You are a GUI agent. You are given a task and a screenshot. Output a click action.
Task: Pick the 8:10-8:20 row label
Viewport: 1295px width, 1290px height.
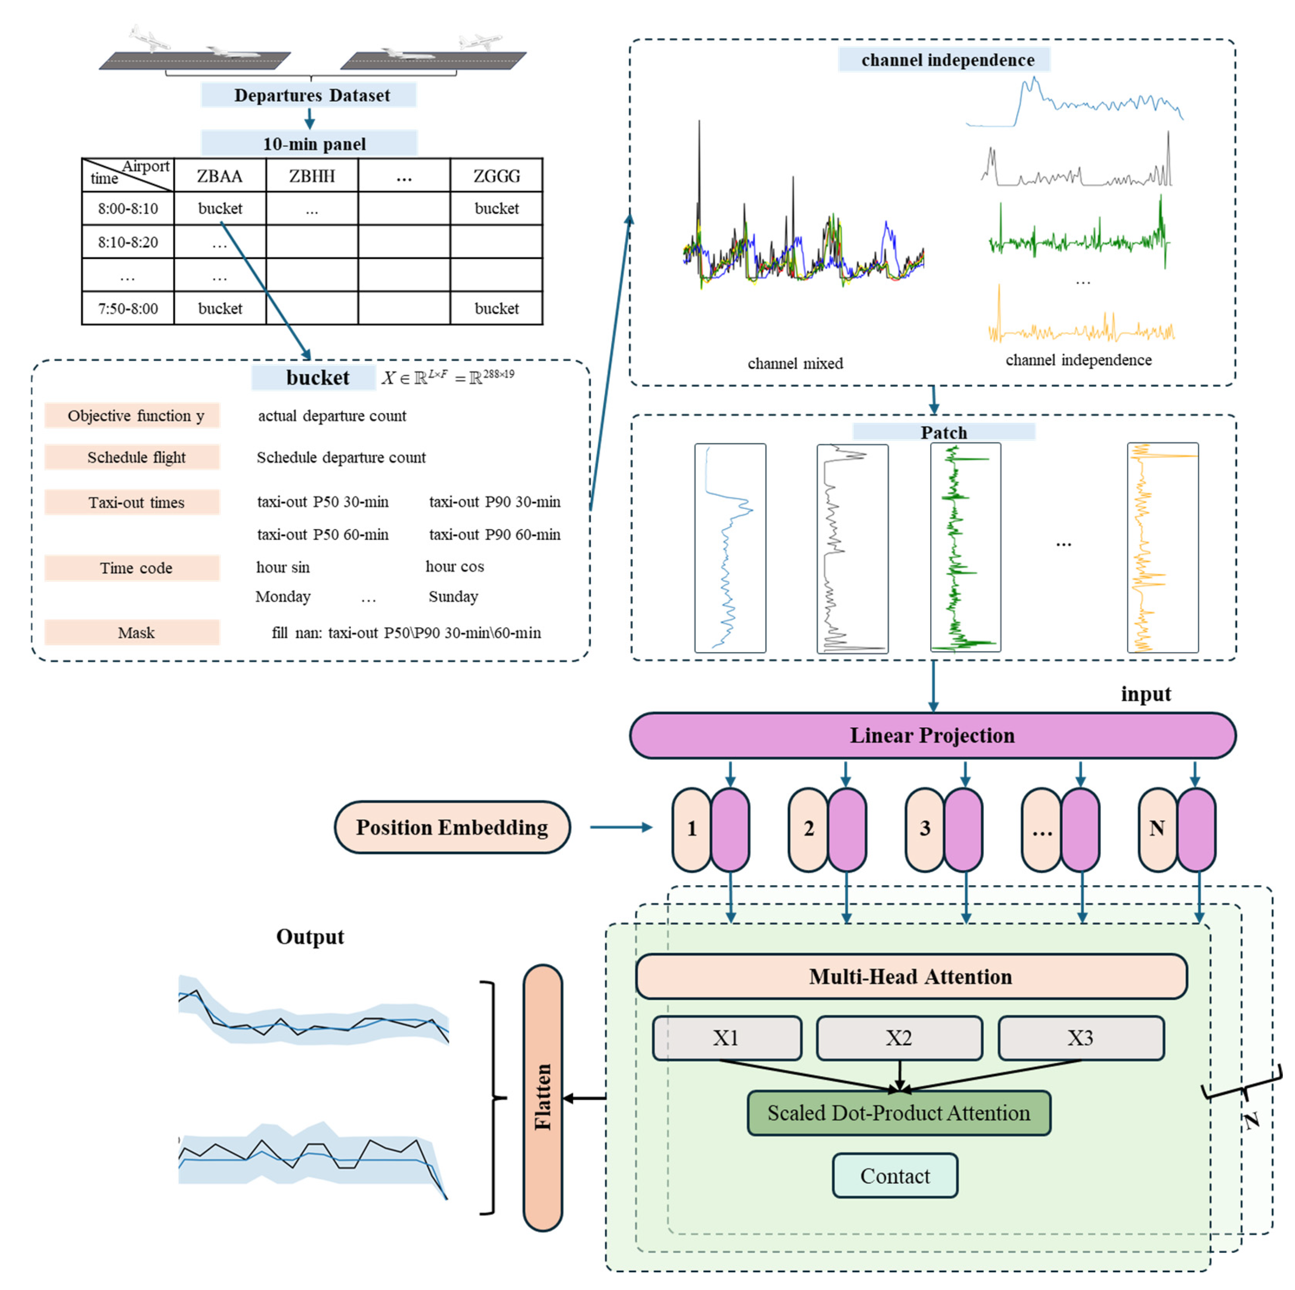[x=127, y=242]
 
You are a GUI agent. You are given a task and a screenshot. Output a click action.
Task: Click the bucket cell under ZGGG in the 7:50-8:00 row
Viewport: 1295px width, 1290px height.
[x=496, y=308]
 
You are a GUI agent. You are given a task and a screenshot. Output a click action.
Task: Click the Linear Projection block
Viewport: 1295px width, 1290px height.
[x=932, y=735]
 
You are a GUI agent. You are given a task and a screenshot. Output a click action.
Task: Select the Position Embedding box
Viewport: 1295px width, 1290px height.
[x=452, y=827]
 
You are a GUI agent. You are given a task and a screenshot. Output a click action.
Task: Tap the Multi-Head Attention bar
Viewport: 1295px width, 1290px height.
[x=910, y=976]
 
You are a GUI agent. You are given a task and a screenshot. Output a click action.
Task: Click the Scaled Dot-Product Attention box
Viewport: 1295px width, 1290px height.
[x=898, y=1113]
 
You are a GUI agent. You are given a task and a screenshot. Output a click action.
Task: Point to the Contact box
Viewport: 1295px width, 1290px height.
[x=894, y=1176]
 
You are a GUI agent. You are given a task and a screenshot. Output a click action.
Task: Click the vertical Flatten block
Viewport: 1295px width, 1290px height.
[x=542, y=1097]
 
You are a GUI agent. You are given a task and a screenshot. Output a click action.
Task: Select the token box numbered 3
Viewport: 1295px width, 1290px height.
[x=925, y=829]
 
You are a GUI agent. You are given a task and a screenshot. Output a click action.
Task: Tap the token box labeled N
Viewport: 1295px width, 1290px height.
[x=1157, y=829]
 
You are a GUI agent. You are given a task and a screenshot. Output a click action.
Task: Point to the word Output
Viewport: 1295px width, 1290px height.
[x=310, y=936]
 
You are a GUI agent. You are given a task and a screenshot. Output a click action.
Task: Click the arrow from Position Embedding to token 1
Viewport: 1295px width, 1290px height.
[x=620, y=827]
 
